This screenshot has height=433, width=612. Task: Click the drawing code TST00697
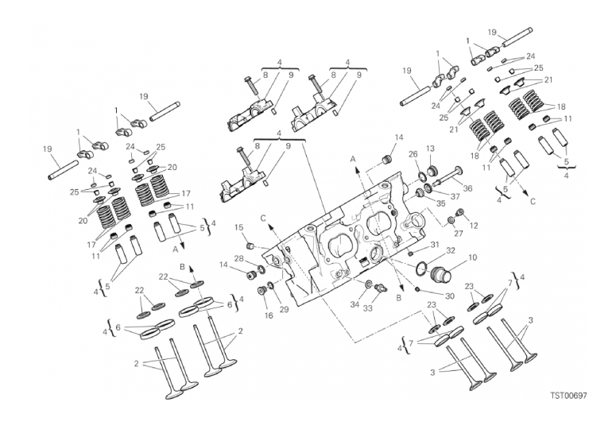point(568,396)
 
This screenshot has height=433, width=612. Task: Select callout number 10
point(472,258)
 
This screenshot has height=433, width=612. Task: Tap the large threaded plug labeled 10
point(440,275)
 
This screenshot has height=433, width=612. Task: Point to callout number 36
point(467,188)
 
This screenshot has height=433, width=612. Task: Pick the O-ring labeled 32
point(422,268)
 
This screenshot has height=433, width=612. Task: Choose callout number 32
point(451,250)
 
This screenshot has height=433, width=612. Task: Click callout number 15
point(239,227)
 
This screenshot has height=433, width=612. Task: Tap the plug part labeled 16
point(261,291)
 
